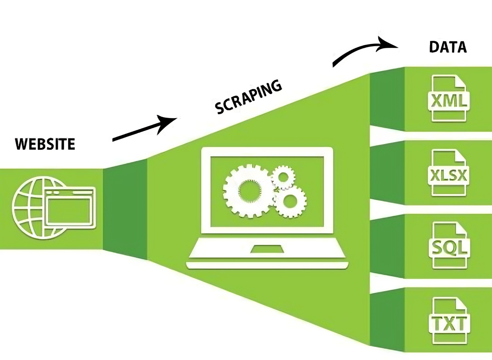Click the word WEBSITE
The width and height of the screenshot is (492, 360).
pos(45,144)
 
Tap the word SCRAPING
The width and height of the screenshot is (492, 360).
pos(248,97)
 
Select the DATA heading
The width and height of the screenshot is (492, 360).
pos(447,47)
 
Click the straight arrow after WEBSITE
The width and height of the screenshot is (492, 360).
pos(144,129)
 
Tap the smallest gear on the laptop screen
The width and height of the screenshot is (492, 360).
pos(282,177)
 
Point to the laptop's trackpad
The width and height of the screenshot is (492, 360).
pos(267,249)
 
